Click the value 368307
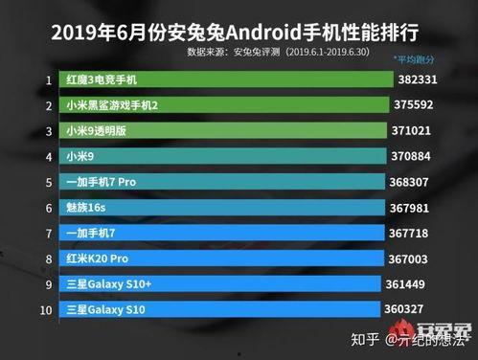tap(417, 182)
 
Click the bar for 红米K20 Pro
tap(219, 259)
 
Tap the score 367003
tap(416, 259)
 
